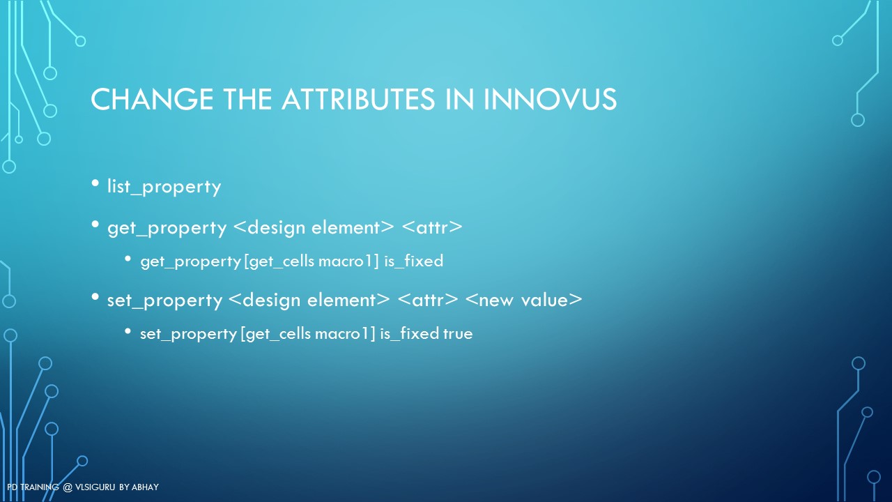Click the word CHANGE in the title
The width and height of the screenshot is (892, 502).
click(152, 99)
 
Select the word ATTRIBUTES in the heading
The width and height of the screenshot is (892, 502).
click(358, 99)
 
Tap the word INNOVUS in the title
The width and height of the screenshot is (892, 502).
click(550, 99)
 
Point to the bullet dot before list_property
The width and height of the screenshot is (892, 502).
click(95, 183)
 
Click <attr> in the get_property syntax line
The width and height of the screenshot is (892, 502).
click(432, 227)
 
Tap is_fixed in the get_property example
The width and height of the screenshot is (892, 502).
click(414, 261)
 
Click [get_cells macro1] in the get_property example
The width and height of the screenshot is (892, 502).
click(311, 261)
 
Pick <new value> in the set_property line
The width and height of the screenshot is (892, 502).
click(523, 300)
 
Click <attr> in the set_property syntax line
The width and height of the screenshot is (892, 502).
click(428, 300)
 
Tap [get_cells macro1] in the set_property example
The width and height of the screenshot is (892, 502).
click(308, 334)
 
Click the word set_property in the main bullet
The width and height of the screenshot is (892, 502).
click(165, 301)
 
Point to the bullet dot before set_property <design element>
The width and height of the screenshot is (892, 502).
click(95, 297)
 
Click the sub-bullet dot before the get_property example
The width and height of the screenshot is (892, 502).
click(128, 259)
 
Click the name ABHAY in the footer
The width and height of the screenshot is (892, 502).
click(145, 487)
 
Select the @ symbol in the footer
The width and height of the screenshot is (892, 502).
click(68, 487)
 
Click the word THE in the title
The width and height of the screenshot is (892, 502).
click(247, 99)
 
